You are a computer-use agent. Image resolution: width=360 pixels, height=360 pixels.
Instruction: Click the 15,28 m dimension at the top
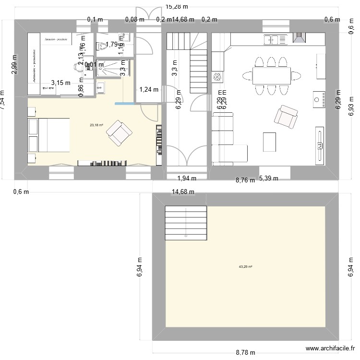176,6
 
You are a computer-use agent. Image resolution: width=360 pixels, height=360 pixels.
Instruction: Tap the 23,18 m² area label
96,125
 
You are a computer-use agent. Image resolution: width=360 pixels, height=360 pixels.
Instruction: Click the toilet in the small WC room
102,46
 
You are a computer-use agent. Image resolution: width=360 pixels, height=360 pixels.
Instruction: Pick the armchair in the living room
286,117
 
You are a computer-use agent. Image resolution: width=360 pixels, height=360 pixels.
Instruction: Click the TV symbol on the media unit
319,144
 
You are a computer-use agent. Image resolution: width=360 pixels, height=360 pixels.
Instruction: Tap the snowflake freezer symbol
217,77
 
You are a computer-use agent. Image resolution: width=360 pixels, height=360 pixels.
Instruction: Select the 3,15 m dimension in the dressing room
61,83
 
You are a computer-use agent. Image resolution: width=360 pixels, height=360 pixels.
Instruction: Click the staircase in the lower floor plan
186,223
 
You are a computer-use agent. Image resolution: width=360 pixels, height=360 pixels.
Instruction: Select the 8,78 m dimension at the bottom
245,352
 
